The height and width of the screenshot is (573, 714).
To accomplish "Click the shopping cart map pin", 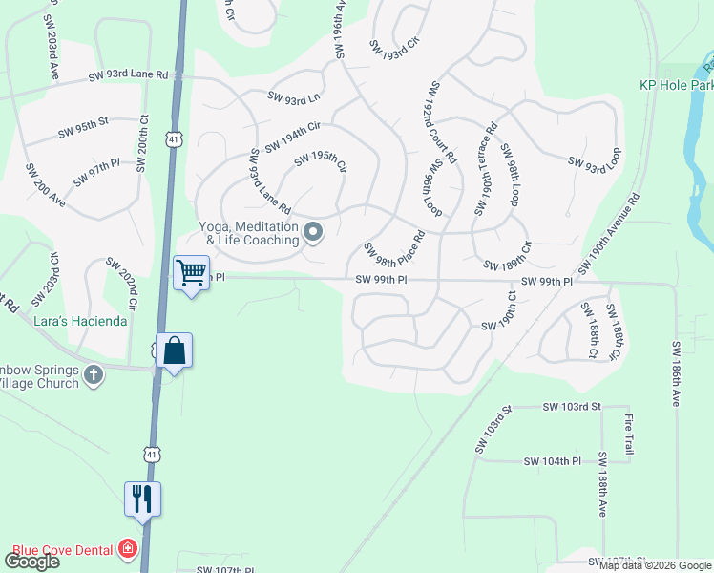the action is [x=191, y=273].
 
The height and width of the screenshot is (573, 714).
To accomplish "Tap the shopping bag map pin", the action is [x=176, y=350].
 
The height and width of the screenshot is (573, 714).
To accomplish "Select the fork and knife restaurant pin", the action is [x=143, y=499].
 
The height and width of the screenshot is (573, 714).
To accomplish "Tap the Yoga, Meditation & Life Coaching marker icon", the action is [x=312, y=232].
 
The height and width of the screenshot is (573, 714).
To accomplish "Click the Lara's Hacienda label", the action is [x=83, y=321].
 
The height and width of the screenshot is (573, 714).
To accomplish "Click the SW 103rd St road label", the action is [x=572, y=407].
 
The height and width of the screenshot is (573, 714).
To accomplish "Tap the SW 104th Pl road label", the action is [x=553, y=461].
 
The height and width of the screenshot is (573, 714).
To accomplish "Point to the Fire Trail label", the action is [x=629, y=434].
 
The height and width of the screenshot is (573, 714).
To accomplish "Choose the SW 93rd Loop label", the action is [x=595, y=159].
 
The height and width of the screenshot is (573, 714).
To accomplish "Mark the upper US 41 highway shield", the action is [x=173, y=139].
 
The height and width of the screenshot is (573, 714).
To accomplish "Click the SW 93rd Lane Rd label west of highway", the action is [x=129, y=75].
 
